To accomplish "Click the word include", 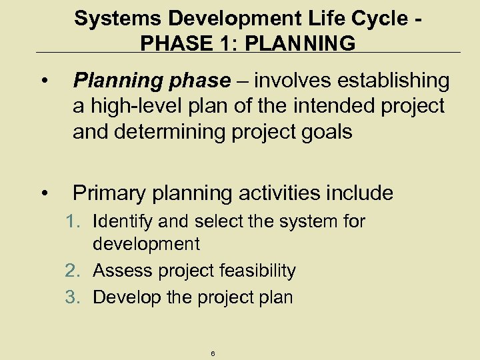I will [x=360, y=193].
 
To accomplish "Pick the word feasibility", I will [x=255, y=271].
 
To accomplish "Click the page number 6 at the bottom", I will [x=212, y=354].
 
